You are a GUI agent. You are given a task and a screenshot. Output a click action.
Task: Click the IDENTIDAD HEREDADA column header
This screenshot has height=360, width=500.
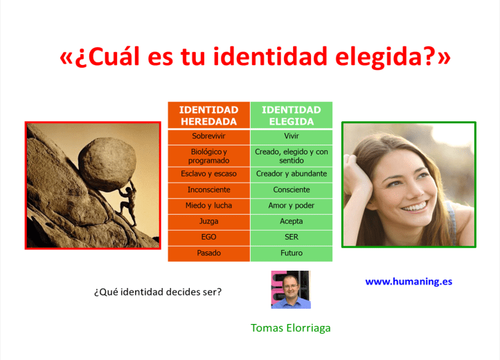(208, 116)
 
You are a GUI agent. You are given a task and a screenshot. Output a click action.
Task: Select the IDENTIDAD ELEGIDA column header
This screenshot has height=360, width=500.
(291, 116)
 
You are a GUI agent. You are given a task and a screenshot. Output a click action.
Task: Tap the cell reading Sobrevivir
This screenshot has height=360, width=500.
(208, 136)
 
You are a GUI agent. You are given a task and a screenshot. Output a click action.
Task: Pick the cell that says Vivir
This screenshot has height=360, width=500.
(291, 136)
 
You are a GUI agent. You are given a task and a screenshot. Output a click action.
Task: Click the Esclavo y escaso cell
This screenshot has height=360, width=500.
(208, 174)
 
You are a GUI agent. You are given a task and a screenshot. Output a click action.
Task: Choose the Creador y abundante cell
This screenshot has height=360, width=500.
(291, 174)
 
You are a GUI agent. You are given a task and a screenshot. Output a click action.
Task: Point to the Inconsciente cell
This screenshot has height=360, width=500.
(208, 190)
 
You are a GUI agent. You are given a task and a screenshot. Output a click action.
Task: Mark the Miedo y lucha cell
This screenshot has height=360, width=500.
(208, 206)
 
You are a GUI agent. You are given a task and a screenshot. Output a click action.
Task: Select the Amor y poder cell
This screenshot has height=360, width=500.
(291, 206)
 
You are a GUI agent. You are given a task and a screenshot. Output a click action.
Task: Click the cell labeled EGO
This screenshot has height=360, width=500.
(208, 237)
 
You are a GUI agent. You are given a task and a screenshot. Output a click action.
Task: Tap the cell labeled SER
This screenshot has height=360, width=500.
(291, 237)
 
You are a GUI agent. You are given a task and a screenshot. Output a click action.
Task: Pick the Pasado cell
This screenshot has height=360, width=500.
(208, 253)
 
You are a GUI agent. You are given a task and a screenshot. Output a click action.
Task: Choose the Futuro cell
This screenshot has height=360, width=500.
(291, 253)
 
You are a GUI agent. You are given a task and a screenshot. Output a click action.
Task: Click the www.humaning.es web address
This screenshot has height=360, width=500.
(409, 282)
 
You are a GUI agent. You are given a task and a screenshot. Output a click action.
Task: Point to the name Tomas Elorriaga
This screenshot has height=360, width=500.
(290, 327)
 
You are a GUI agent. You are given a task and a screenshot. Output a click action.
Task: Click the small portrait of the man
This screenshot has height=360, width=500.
(290, 289)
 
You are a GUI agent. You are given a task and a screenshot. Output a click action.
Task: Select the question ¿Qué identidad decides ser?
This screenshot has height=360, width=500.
(157, 291)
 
